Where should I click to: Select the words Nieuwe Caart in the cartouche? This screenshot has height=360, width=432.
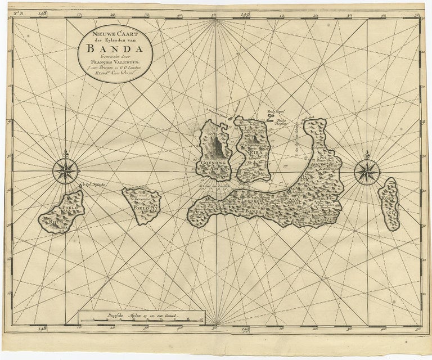click(x=115, y=33)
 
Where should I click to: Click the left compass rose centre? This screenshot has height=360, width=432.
click(x=66, y=170)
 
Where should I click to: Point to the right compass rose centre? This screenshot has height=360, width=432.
click(x=367, y=170)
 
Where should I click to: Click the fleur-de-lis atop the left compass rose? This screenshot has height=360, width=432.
click(x=66, y=154)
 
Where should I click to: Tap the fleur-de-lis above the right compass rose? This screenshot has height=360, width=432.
click(x=367, y=154)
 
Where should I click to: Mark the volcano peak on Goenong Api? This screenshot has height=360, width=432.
click(x=218, y=141)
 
